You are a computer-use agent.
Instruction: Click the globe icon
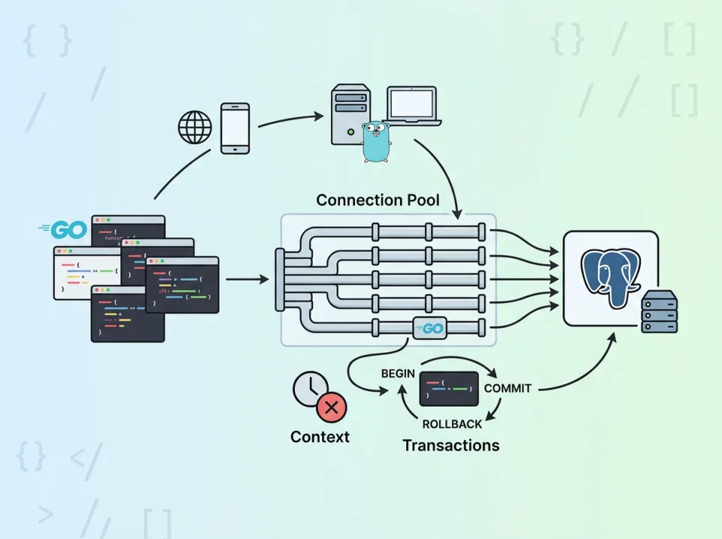(x=195, y=126)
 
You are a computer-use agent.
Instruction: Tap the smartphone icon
(x=235, y=129)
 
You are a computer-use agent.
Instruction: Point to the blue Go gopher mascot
(x=375, y=142)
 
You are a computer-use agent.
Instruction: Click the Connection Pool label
(x=378, y=200)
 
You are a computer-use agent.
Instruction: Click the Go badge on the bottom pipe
(x=429, y=329)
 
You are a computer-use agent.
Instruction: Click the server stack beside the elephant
(x=659, y=312)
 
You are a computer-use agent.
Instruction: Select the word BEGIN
(x=399, y=374)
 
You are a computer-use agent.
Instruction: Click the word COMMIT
(x=508, y=389)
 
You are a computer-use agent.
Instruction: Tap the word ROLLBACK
(x=452, y=424)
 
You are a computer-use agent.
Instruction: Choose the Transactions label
(x=450, y=445)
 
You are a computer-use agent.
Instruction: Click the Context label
(x=320, y=437)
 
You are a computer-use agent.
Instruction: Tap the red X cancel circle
(x=331, y=408)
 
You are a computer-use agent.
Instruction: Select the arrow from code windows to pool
(x=247, y=280)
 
